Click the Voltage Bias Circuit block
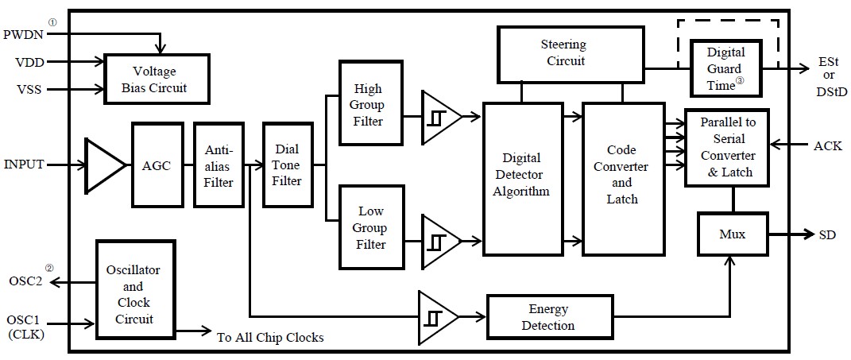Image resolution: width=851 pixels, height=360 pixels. point(157,79)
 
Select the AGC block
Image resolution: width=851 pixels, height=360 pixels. point(158,165)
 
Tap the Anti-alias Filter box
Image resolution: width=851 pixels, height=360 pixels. point(219,165)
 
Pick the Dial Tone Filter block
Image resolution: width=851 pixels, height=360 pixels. point(287,165)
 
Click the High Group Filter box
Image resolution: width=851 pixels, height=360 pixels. point(369,104)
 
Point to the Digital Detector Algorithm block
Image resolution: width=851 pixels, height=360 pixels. point(520,178)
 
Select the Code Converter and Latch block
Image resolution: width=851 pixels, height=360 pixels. point(621,178)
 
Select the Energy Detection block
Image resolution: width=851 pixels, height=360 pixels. point(541,316)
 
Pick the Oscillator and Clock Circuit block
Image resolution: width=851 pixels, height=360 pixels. point(133,294)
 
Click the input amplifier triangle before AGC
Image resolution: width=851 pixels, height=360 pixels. point(104,165)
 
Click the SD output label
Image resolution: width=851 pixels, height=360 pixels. point(826,234)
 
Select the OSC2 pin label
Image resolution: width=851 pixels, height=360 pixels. point(24,281)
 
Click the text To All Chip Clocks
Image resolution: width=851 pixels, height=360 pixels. point(270,337)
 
